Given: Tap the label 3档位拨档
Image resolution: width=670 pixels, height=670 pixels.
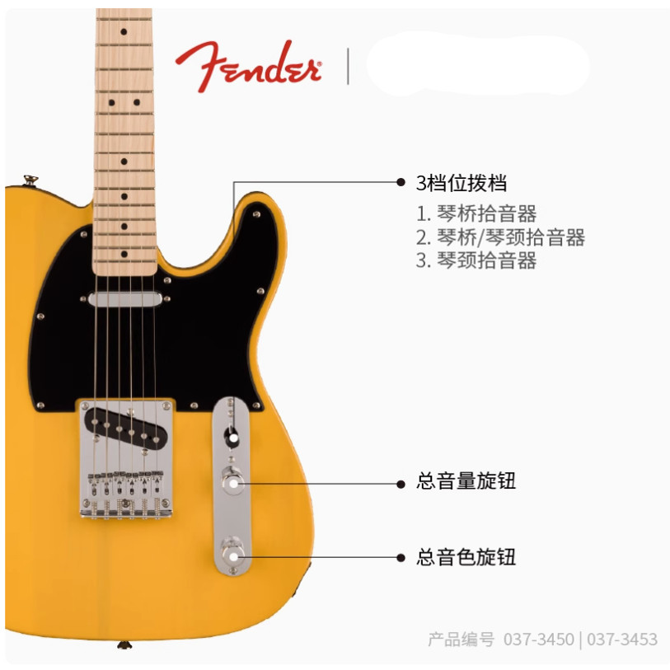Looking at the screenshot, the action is pyautogui.click(x=461, y=183).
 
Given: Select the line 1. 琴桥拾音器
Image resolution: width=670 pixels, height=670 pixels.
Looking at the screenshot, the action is pyautogui.click(x=476, y=214).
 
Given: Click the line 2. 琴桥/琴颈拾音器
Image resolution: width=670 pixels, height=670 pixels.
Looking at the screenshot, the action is pyautogui.click(x=500, y=237).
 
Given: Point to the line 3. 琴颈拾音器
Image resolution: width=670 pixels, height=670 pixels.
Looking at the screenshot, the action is pyautogui.click(x=476, y=260).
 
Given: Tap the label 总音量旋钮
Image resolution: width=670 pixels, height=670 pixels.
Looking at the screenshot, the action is pyautogui.click(x=466, y=481).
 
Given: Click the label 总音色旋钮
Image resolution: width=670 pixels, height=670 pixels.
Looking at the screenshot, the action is pyautogui.click(x=466, y=557).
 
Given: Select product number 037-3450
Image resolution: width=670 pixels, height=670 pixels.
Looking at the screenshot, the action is pyautogui.click(x=539, y=640).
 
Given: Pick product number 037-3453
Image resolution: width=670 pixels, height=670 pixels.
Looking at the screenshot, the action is pyautogui.click(x=623, y=640).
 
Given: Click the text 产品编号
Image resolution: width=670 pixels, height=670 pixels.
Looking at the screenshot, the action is pyautogui.click(x=462, y=640).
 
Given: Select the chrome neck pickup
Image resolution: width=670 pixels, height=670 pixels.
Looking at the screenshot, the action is pyautogui.click(x=125, y=300).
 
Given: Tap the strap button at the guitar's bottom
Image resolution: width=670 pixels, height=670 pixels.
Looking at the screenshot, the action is pyautogui.click(x=124, y=644).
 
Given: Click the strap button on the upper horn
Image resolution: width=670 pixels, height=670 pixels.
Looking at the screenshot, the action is pyautogui.click(x=30, y=177).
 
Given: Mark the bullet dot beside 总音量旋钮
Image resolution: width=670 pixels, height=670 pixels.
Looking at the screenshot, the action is pyautogui.click(x=401, y=481).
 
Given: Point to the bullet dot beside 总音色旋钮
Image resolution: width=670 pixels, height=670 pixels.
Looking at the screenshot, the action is pyautogui.click(x=401, y=558).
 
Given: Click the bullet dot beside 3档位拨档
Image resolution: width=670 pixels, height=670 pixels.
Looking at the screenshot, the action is pyautogui.click(x=401, y=182).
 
